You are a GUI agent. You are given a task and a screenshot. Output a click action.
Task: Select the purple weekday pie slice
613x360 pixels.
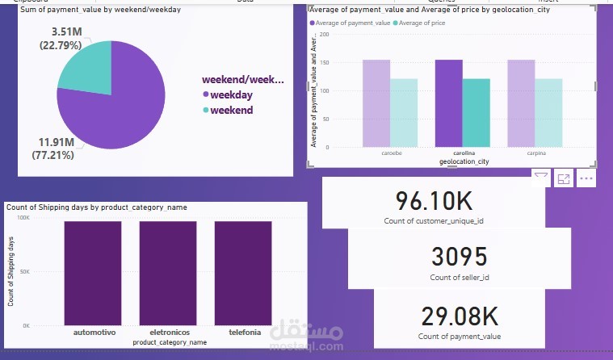(121, 105)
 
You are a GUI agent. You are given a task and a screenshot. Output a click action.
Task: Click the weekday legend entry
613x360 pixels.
(230, 94)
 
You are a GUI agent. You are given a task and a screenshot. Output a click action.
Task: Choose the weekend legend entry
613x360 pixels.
(231, 110)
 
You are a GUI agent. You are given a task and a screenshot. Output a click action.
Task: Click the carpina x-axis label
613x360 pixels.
(521, 152)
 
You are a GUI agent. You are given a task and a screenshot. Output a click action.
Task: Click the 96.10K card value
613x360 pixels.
(434, 200)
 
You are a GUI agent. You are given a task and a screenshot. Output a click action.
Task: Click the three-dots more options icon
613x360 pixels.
(586, 178)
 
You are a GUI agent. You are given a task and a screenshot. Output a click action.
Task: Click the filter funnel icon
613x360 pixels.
(541, 178)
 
